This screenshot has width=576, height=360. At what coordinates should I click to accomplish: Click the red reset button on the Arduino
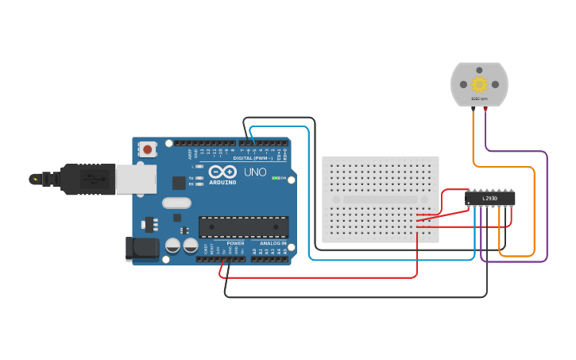click(148, 149)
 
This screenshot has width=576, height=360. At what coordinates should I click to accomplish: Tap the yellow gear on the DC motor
click(479, 84)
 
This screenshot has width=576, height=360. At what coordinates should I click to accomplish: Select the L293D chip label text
click(490, 198)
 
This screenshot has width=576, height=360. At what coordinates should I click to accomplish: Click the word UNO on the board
click(255, 172)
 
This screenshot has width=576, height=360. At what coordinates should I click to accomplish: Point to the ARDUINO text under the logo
click(222, 182)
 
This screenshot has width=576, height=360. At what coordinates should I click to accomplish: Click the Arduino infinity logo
click(222, 172)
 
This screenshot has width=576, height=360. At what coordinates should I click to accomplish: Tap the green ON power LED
click(275, 178)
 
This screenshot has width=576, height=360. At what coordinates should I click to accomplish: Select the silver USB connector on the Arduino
click(136, 180)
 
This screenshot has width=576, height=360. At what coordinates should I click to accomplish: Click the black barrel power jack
click(144, 248)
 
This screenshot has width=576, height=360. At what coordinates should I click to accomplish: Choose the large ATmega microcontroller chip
click(243, 226)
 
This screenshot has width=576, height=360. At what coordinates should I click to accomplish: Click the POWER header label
click(235, 243)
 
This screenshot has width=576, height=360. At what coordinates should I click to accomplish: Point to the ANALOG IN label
click(273, 243)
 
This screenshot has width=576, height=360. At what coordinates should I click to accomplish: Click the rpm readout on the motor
click(479, 99)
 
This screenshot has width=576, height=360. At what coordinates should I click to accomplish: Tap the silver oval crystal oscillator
click(176, 203)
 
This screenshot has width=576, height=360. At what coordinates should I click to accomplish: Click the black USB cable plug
click(87, 180)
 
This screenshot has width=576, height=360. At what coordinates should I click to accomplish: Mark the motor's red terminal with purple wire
click(485, 108)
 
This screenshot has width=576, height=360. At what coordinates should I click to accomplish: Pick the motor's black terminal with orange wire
click(474, 108)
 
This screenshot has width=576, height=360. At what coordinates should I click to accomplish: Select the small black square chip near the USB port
click(179, 182)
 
